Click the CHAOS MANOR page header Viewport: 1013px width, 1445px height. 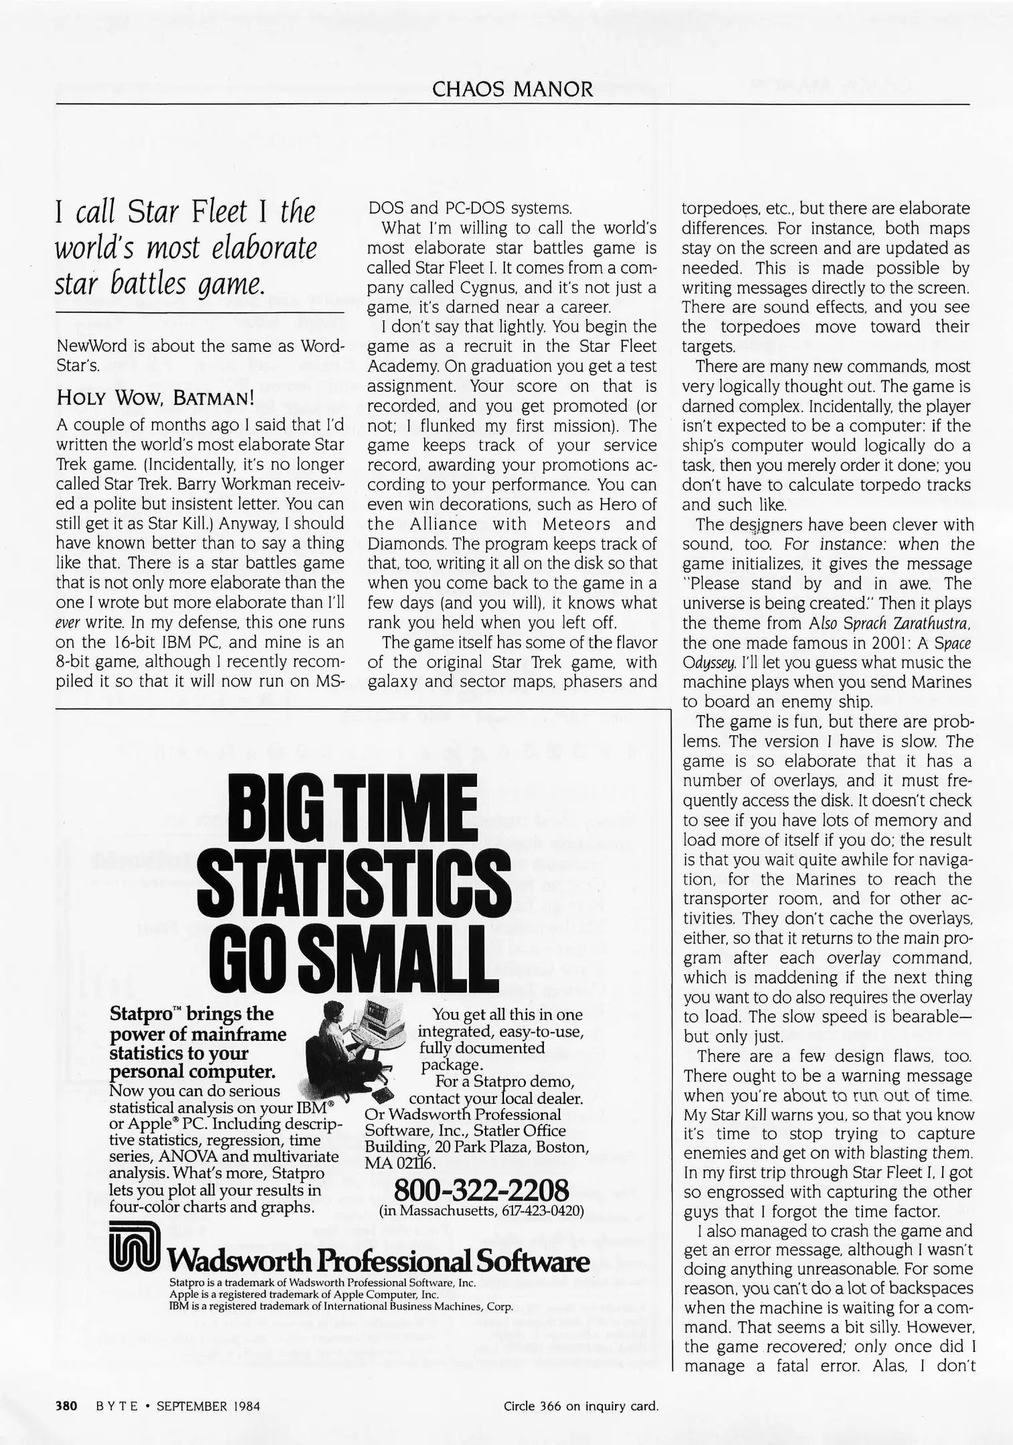pos(513,89)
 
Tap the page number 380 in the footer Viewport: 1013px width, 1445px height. pos(67,1406)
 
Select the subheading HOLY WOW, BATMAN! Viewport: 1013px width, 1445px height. pos(155,397)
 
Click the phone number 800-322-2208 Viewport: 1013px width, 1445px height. pos(482,1190)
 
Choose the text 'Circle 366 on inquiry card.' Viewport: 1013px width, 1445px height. pos(581,1406)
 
